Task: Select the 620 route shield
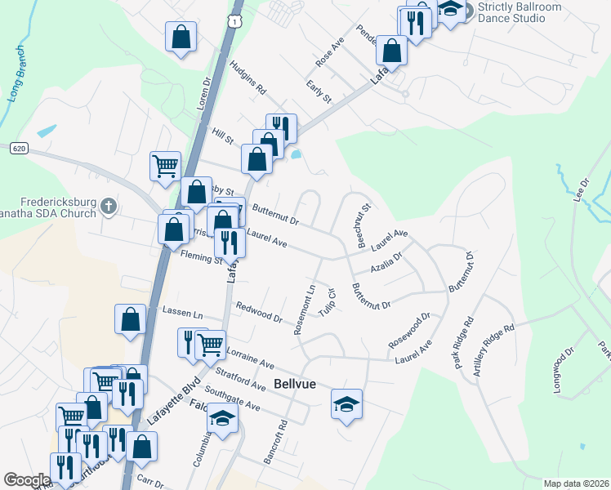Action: click(x=20, y=149)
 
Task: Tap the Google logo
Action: click(x=27, y=480)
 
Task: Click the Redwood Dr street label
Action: click(x=258, y=311)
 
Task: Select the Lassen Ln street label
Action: click(x=181, y=313)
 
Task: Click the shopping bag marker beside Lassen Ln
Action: click(x=131, y=318)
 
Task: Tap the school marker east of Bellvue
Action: click(x=346, y=403)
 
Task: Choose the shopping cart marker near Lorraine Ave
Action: click(x=212, y=345)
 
